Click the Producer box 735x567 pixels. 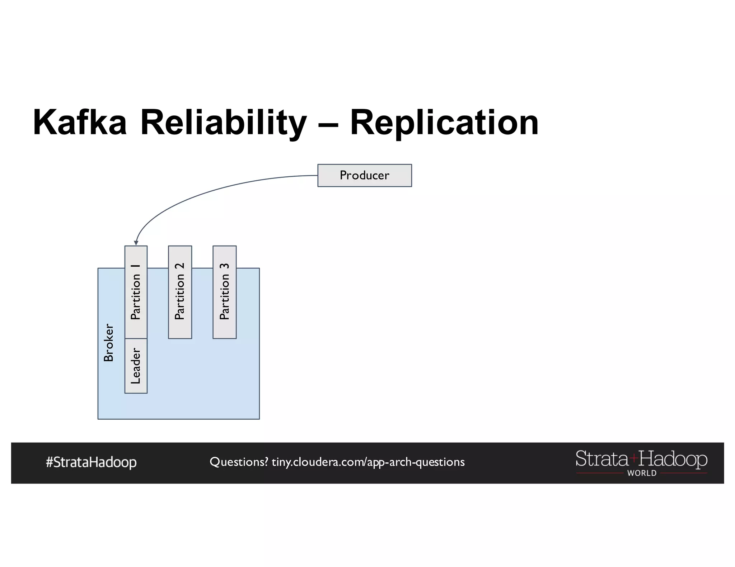364,175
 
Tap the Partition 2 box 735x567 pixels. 180,292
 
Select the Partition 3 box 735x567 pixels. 224,292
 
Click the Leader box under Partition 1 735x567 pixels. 136,366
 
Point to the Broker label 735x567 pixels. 108,343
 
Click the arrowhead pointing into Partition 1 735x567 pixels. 136,243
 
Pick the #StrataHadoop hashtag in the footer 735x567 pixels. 91,462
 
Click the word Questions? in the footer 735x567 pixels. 239,462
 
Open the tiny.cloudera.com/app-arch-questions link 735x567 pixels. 368,462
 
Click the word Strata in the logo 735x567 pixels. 601,459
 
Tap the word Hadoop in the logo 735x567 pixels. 673,459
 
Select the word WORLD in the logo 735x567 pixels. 642,473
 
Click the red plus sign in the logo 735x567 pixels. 634,458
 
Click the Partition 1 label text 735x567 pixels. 136,292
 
